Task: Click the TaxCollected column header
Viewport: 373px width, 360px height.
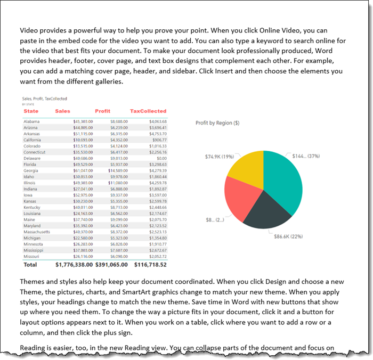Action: (148, 111)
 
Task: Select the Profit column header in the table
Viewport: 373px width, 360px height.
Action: (102, 111)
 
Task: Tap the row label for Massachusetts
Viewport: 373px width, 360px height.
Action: (37, 232)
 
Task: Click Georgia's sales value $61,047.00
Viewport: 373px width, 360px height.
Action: (83, 169)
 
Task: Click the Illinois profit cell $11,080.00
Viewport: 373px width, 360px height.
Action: (118, 182)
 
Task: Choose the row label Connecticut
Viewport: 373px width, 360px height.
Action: (35, 152)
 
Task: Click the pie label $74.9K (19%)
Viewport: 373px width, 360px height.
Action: (220, 157)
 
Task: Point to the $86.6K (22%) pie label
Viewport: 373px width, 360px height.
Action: (288, 236)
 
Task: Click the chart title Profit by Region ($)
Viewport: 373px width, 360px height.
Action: (217, 123)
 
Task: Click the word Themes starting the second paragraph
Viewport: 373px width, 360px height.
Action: (33, 281)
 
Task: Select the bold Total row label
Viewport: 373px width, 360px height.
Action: (30, 264)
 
